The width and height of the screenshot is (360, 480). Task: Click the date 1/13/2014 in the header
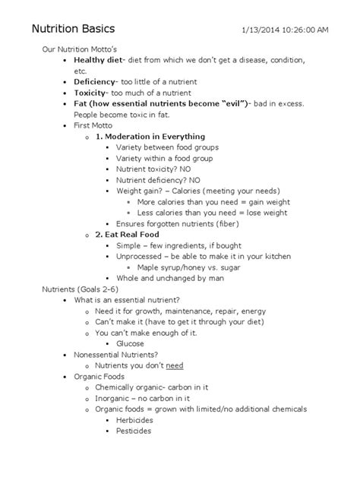263,30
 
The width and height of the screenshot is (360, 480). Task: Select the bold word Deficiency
96,81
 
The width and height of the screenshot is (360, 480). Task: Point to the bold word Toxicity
93,92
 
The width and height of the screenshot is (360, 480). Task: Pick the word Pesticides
134,431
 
